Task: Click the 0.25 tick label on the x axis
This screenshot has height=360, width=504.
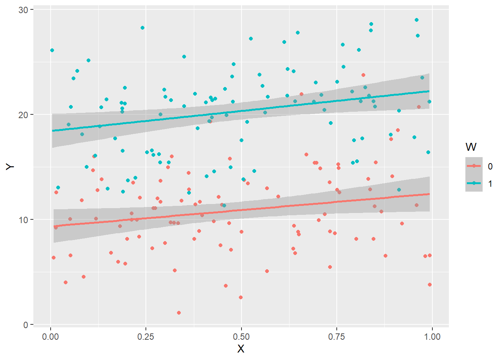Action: pos(146,337)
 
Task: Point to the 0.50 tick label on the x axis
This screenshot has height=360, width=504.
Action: pos(241,337)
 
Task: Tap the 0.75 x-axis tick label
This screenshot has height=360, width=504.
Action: pos(336,337)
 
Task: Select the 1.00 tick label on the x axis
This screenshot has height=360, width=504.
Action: pos(432,337)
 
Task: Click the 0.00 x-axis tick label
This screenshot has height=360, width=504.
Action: pos(51,337)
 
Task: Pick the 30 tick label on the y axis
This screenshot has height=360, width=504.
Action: pos(23,10)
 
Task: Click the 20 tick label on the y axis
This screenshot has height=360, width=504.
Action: pos(23,115)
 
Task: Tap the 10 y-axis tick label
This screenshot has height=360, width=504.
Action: pos(23,220)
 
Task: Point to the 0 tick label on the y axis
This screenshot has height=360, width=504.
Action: pos(26,325)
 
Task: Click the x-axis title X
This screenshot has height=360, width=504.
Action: pos(241,349)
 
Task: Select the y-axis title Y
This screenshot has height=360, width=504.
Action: pos(10,167)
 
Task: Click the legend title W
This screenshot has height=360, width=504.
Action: pos(471,147)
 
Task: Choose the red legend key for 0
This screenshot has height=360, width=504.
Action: pos(474,166)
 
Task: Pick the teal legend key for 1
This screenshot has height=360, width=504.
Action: pos(474,183)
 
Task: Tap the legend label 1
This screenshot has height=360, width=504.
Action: pos(490,184)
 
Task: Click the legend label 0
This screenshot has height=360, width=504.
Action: pos(490,166)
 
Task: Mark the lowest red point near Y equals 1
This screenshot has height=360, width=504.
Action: pos(179,313)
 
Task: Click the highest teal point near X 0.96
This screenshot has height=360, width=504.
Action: pos(417,20)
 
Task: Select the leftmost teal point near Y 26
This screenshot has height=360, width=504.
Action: pos(52,50)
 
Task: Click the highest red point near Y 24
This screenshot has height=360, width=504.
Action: pos(363,75)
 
